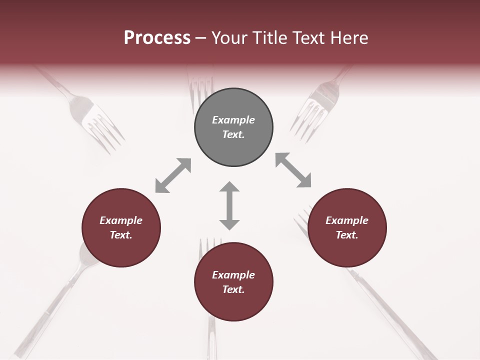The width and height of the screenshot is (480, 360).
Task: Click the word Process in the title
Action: pyautogui.click(x=157, y=37)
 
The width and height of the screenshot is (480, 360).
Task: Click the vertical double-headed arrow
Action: pyautogui.click(x=229, y=205)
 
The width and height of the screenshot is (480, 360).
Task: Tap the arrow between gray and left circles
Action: pyautogui.click(x=173, y=175)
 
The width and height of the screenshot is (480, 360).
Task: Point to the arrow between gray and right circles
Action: pyautogui.click(x=293, y=170)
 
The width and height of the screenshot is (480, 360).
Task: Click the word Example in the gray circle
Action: pyautogui.click(x=233, y=120)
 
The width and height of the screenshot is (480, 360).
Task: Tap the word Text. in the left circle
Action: pyautogui.click(x=121, y=235)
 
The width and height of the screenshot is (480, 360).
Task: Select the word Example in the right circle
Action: pyautogui.click(x=347, y=220)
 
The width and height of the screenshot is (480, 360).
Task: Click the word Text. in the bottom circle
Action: pyautogui.click(x=233, y=289)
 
